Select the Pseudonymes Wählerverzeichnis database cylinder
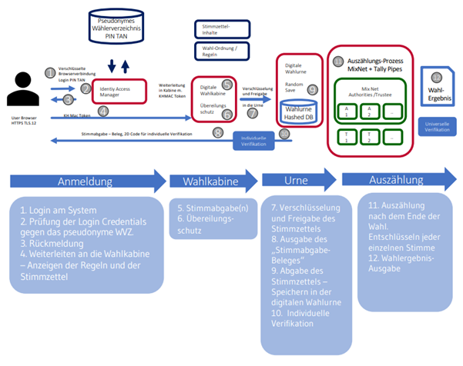coord(115,25)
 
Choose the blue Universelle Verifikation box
coord(437,126)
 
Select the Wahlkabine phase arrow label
coord(210,182)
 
